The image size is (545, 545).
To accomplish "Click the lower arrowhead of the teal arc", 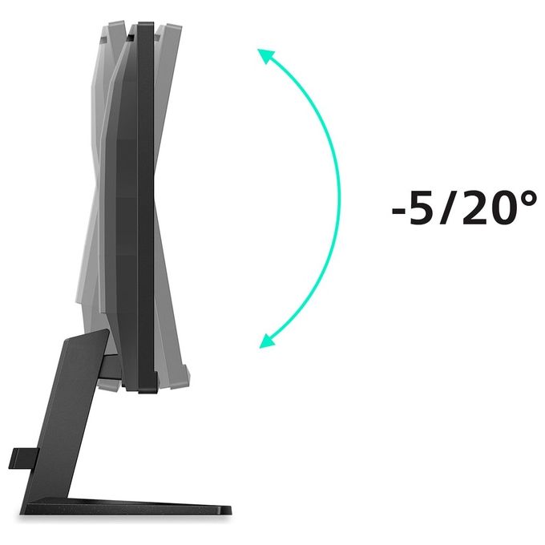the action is [266, 341].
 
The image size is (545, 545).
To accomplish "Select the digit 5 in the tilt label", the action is [422, 208].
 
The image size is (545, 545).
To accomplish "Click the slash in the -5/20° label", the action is [448, 208].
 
